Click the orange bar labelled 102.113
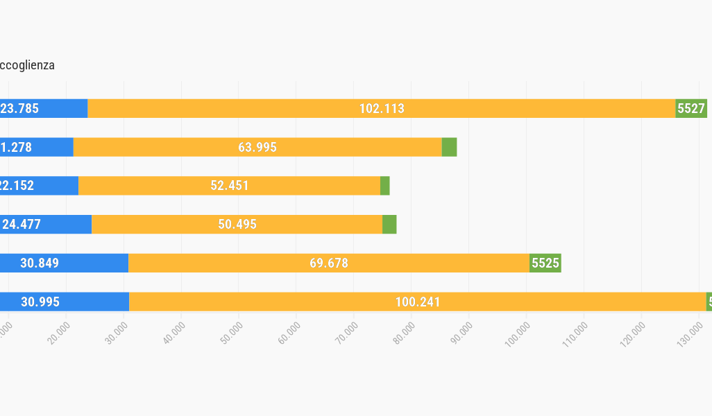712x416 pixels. [x=381, y=108]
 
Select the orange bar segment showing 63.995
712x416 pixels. [x=257, y=147]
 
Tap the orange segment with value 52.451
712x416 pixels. [x=229, y=186]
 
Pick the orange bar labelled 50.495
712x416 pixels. [x=237, y=225]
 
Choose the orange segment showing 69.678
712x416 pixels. [x=328, y=263]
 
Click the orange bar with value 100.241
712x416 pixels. [x=417, y=302]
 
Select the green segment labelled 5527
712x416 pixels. [x=691, y=108]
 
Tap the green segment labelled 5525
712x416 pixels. [x=545, y=263]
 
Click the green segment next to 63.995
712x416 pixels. [x=449, y=147]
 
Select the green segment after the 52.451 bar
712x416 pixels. [x=384, y=186]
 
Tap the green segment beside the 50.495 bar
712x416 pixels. [x=389, y=225]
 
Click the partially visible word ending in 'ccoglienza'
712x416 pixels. [x=27, y=65]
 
